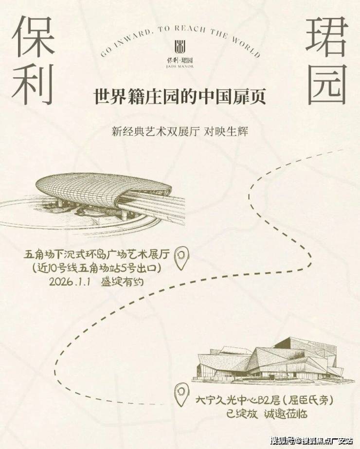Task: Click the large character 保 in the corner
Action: (33, 36)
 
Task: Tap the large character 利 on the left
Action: (33, 84)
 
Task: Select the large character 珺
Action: (327, 36)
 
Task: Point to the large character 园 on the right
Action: (327, 85)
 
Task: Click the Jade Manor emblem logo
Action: (180, 47)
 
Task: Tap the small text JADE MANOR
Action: (180, 67)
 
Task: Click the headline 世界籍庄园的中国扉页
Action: (180, 97)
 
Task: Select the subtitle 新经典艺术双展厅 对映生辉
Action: (180, 132)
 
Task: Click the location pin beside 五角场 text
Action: (182, 258)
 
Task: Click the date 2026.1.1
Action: (70, 282)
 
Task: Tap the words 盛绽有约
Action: (122, 282)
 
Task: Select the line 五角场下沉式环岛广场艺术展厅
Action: (97, 254)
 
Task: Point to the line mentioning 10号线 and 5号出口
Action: (97, 269)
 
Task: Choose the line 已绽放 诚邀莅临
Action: (266, 414)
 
